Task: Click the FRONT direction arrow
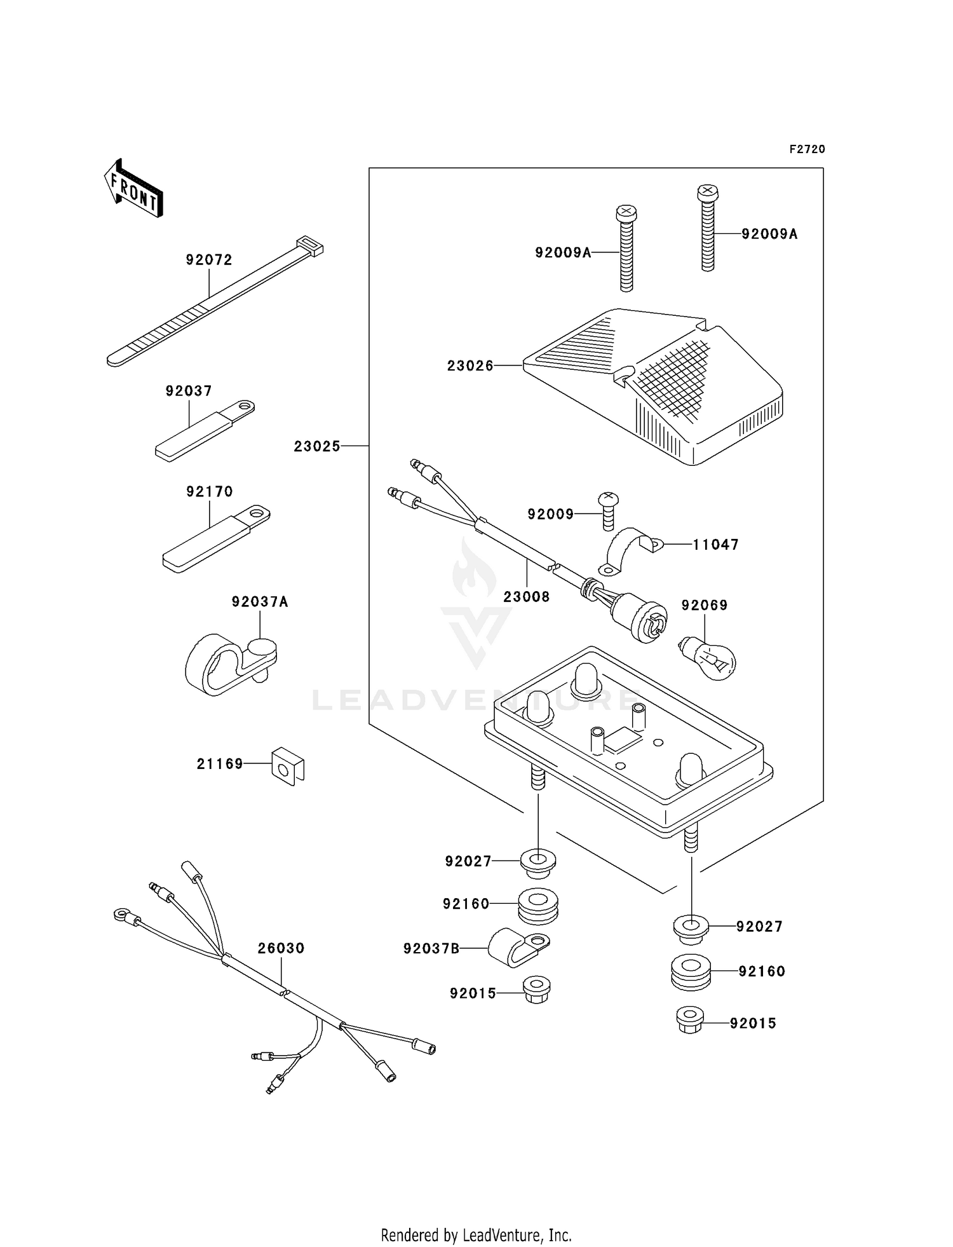point(134,189)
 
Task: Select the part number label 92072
point(209,260)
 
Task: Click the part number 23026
point(470,366)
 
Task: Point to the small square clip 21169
point(288,767)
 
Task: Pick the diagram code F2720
point(807,149)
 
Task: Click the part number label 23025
point(317,447)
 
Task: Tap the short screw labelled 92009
point(609,510)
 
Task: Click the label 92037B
point(431,949)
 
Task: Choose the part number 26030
point(281,948)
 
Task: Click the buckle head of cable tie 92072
point(309,245)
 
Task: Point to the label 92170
point(210,492)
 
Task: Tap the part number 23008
point(526,597)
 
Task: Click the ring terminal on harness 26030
point(121,915)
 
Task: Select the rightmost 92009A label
point(769,235)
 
